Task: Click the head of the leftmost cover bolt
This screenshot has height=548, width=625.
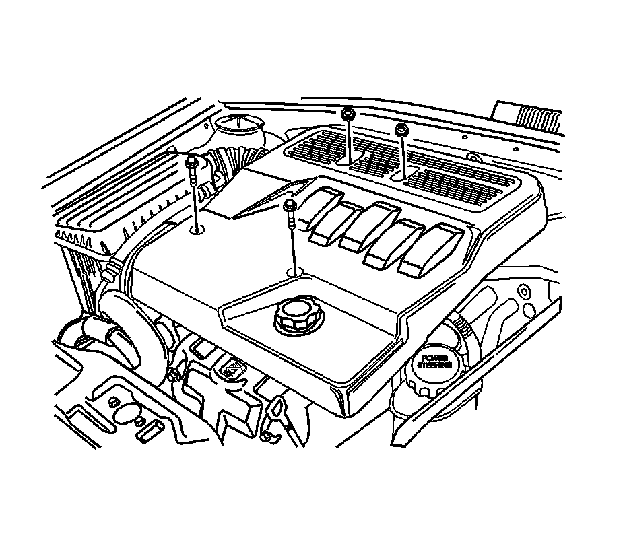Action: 191,162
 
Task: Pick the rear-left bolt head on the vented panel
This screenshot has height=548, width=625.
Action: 348,112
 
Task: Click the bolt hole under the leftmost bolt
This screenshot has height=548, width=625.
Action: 197,231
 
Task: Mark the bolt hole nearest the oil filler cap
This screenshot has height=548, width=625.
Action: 294,272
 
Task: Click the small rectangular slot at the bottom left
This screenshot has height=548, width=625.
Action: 148,429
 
